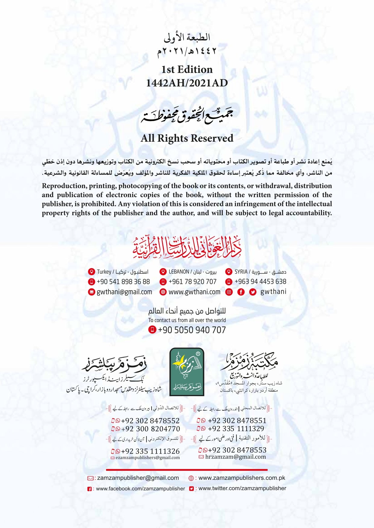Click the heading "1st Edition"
[x=187, y=70]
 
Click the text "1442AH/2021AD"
[x=187, y=83]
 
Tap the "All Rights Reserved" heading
[x=187, y=138]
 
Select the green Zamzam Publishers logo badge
[x=187, y=372]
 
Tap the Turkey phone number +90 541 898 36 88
[x=123, y=282]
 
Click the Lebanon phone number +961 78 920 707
[x=192, y=282]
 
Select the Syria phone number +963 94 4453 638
[x=260, y=282]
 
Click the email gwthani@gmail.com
[x=124, y=292]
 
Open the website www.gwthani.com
[x=194, y=292]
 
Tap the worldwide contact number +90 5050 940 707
[x=192, y=330]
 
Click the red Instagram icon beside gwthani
[x=229, y=292]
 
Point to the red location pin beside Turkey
[x=91, y=272]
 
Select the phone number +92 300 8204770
[x=150, y=429]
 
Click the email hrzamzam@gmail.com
[x=235, y=457]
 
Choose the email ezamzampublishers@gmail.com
[x=147, y=458]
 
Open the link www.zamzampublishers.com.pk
[x=241, y=478]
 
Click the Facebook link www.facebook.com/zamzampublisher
[x=140, y=489]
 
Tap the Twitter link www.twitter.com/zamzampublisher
[x=242, y=488]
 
